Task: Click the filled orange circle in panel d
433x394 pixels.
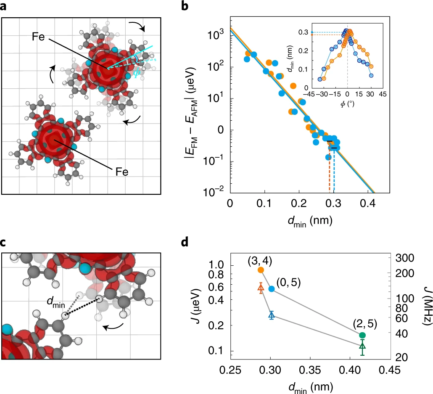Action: [x=261, y=270]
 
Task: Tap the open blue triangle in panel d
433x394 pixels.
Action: [x=271, y=315]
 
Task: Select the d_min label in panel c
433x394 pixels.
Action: [x=54, y=301]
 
